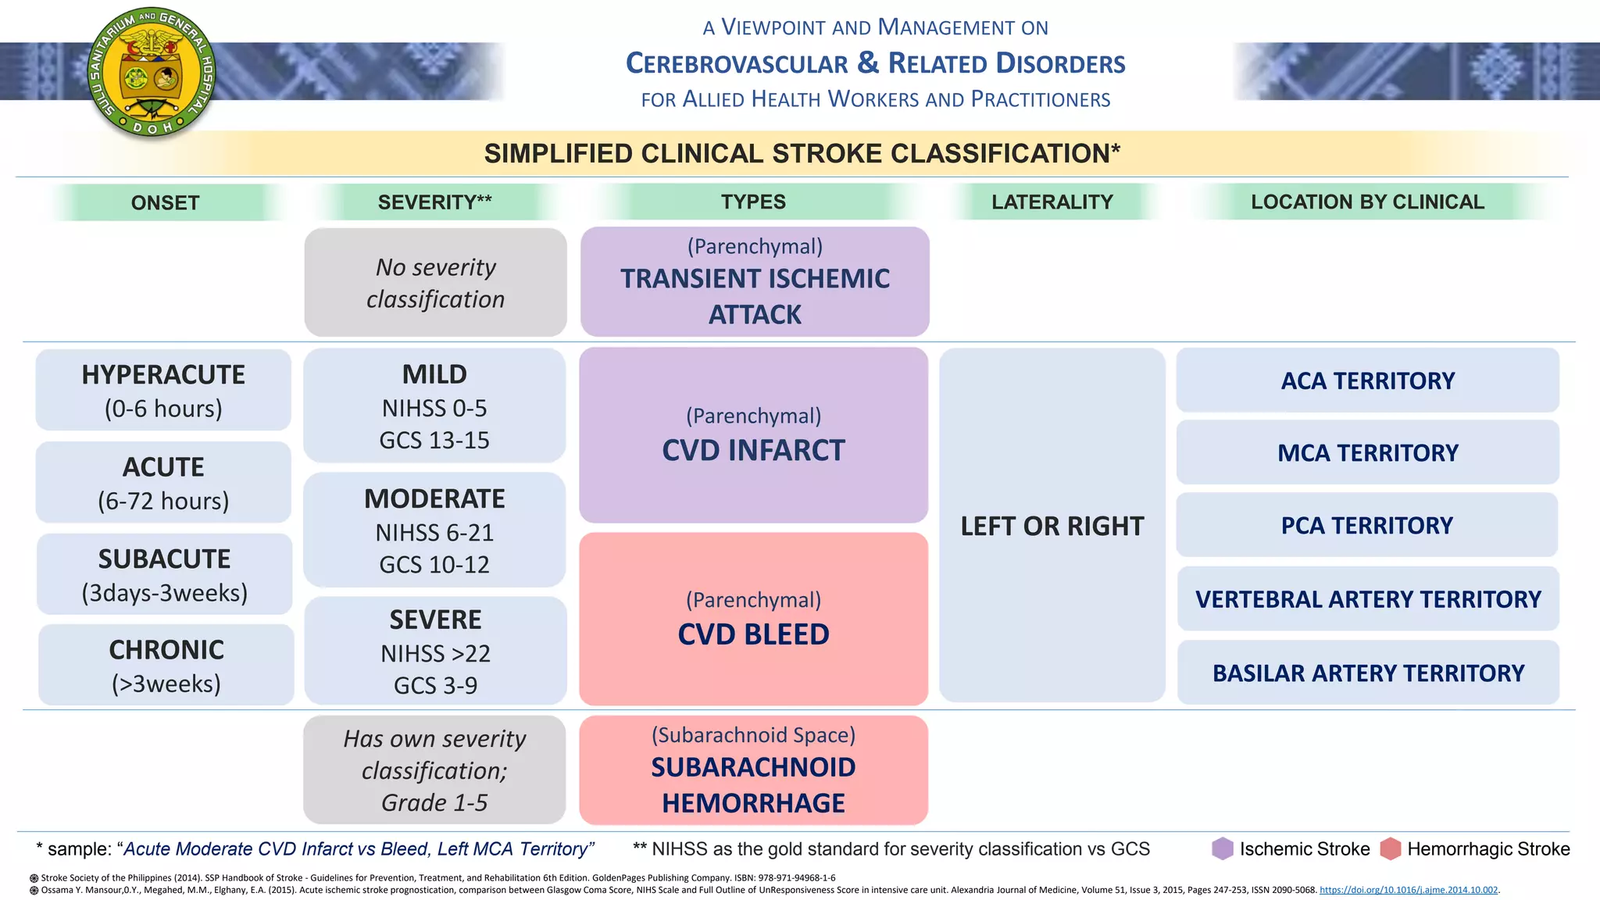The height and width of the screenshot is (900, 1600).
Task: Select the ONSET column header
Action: (x=165, y=202)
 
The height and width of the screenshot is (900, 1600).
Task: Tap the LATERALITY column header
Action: (x=1052, y=202)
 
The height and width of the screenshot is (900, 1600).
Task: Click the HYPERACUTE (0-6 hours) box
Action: (x=163, y=390)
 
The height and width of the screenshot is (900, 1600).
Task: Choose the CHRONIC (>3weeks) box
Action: (x=166, y=666)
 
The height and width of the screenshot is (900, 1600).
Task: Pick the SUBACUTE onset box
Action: (x=164, y=575)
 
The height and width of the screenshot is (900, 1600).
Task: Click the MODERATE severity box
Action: (x=434, y=530)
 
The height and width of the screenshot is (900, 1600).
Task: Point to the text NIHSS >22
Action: (x=435, y=653)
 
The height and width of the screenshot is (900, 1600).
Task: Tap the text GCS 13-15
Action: (x=434, y=441)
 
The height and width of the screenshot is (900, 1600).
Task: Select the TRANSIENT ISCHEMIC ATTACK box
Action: (x=755, y=282)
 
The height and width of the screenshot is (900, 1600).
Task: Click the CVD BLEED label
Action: (x=753, y=634)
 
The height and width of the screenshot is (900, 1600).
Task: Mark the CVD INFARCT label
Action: (x=753, y=450)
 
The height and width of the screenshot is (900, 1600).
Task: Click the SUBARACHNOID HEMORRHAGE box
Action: (x=753, y=770)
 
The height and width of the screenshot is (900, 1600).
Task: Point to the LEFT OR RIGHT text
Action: (x=1052, y=526)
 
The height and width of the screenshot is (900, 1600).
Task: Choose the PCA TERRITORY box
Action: (x=1367, y=525)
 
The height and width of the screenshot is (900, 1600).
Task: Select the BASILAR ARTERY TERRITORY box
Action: (x=1368, y=673)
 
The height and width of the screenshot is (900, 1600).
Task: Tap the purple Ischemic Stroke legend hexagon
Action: (x=1223, y=848)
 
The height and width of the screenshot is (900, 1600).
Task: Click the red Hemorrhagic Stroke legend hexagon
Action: (x=1391, y=848)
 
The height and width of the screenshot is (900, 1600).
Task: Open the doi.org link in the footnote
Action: (x=1409, y=890)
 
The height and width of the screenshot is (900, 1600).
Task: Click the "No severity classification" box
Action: (x=435, y=283)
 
